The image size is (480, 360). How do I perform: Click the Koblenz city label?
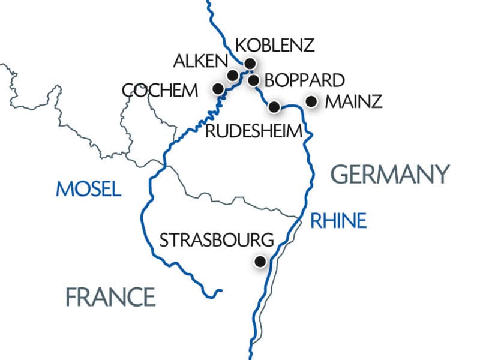point(275,46)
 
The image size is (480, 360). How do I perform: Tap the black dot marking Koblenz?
point(250,63)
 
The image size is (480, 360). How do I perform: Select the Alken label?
point(200,61)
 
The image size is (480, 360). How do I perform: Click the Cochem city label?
point(159,91)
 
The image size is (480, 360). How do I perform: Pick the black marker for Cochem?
point(218,89)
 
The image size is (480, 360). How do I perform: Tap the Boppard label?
point(304,80)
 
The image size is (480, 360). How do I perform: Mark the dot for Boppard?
point(253,80)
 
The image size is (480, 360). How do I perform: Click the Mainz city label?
point(353,102)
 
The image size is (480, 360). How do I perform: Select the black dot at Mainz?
point(311,101)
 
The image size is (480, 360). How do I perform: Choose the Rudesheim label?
point(252,131)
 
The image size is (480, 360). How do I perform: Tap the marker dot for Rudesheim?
point(274,107)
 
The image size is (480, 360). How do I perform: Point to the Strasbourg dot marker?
point(260,262)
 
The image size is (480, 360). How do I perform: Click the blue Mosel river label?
point(88,189)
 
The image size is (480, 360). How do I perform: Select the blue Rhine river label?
point(337,221)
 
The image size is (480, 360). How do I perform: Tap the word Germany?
point(390,175)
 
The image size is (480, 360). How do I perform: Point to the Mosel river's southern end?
point(221,292)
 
